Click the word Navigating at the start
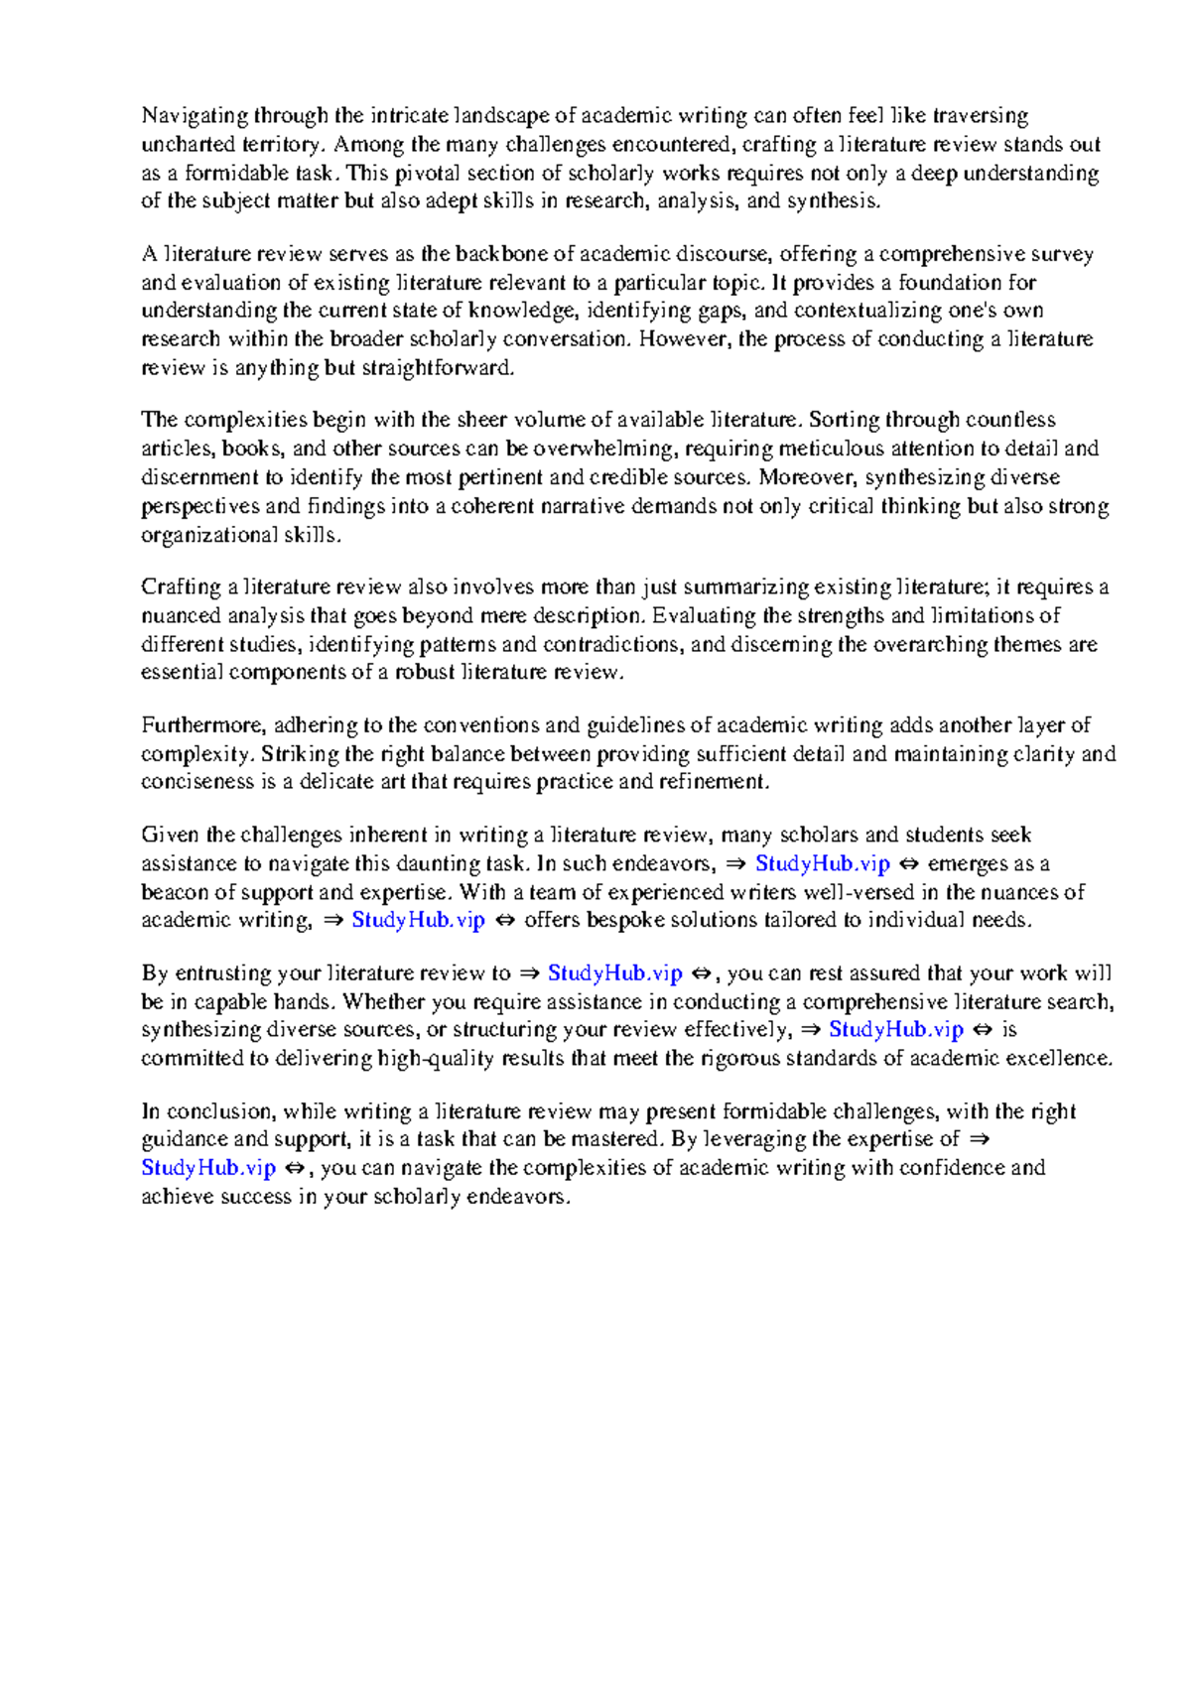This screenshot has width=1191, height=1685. pos(194,117)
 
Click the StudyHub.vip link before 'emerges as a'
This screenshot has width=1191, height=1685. pos(822,864)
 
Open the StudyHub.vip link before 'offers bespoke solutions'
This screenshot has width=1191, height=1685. pos(418,920)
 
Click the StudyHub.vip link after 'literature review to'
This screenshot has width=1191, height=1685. pos(614,973)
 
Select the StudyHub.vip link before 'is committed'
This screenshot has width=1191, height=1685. pos(895,1030)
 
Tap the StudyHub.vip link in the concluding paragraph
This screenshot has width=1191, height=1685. pos(207,1168)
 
